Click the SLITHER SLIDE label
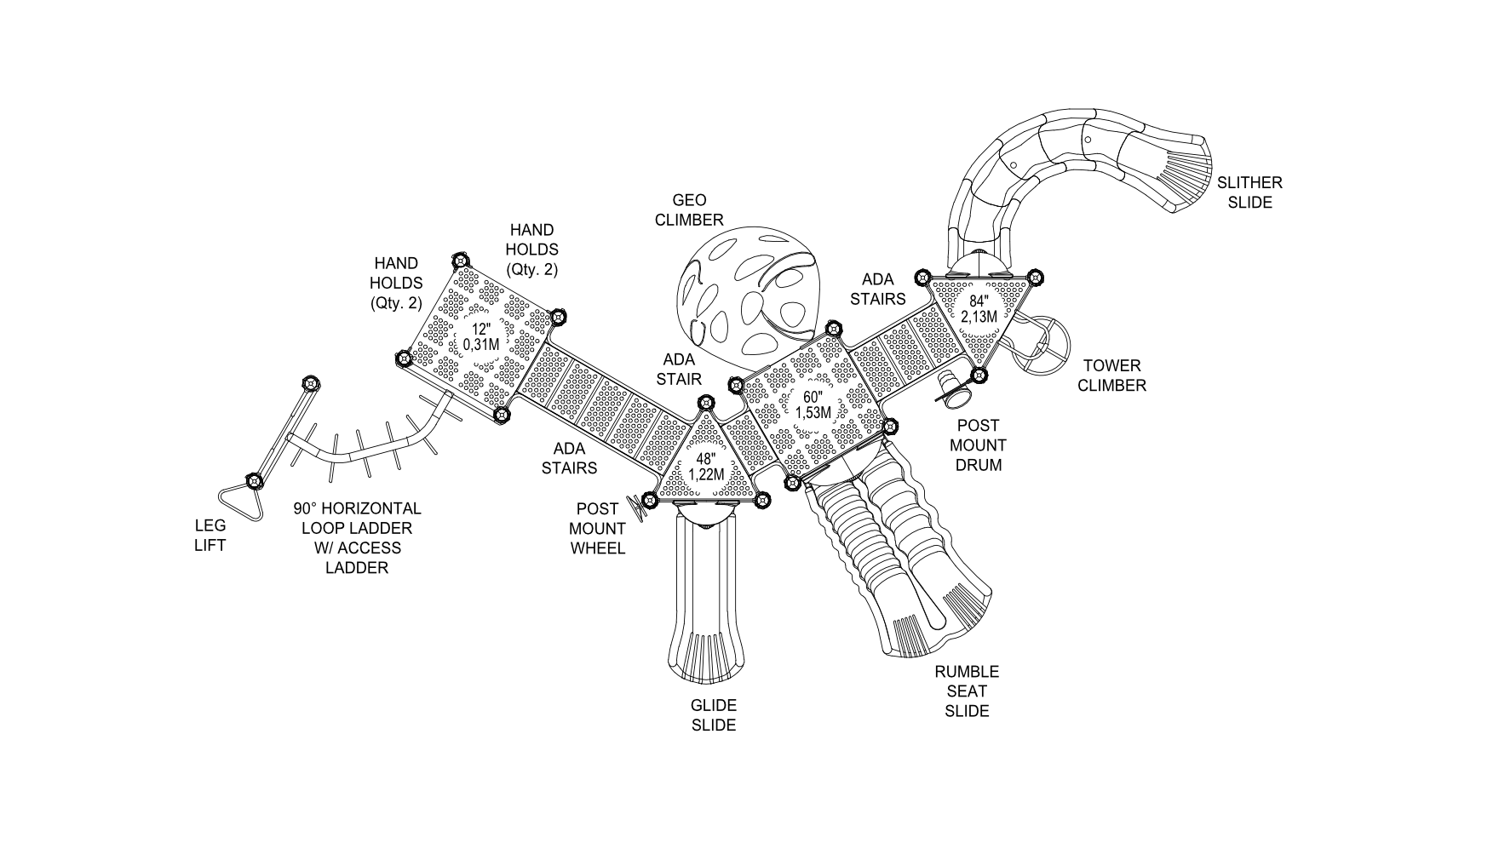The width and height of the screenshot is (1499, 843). [1249, 192]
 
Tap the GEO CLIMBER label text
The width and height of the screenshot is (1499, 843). [689, 210]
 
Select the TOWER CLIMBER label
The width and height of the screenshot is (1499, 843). [1111, 376]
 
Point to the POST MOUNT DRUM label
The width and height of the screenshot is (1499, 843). [978, 445]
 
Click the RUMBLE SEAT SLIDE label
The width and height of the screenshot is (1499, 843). [967, 691]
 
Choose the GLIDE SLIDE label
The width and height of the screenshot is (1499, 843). [713, 715]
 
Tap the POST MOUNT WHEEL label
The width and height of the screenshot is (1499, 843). [597, 529]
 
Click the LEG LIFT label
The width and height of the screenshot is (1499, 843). [210, 535]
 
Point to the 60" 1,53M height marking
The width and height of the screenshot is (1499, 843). [813, 405]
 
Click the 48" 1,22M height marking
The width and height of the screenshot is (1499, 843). [706, 467]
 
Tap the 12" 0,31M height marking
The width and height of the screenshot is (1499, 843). [481, 337]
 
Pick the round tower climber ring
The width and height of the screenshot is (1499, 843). [1042, 346]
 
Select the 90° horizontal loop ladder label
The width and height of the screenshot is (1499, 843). [357, 538]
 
